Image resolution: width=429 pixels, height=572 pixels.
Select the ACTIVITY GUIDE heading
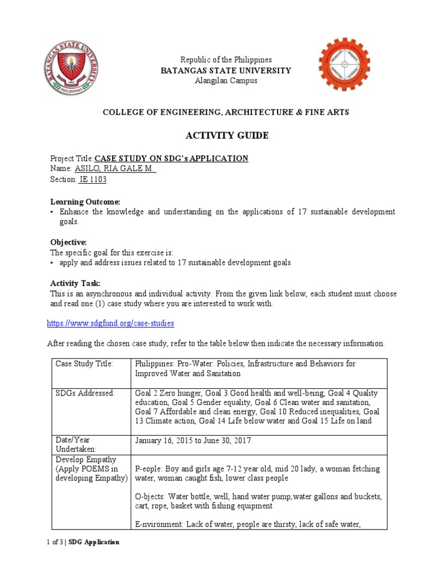click(x=226, y=136)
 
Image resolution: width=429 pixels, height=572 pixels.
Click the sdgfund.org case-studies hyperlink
click(x=111, y=323)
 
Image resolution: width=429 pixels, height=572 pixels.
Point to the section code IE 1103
click(x=92, y=179)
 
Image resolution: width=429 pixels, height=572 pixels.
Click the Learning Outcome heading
click(x=85, y=201)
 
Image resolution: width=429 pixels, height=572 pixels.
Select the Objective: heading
click(x=68, y=242)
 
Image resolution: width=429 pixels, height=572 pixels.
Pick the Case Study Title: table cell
click(x=84, y=364)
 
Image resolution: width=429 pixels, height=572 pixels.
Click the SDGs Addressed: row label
click(x=85, y=394)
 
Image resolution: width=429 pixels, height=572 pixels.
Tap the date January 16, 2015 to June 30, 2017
click(x=193, y=440)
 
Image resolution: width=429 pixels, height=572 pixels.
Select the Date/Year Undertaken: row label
click(x=75, y=445)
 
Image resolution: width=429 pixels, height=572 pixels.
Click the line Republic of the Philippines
click(x=225, y=60)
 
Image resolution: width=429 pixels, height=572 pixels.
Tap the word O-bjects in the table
click(x=151, y=497)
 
